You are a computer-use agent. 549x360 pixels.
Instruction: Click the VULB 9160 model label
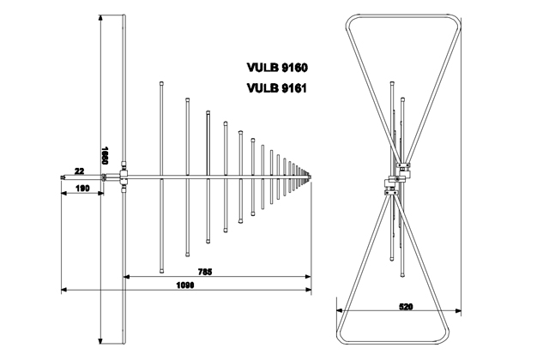tap(276, 67)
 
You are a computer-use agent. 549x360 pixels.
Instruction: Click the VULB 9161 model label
tap(276, 87)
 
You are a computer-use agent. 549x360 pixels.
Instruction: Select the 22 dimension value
tap(79, 171)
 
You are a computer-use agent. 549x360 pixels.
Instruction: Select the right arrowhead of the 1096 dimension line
tap(310, 292)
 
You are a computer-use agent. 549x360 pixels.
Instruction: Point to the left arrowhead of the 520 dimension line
tap(339, 309)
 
